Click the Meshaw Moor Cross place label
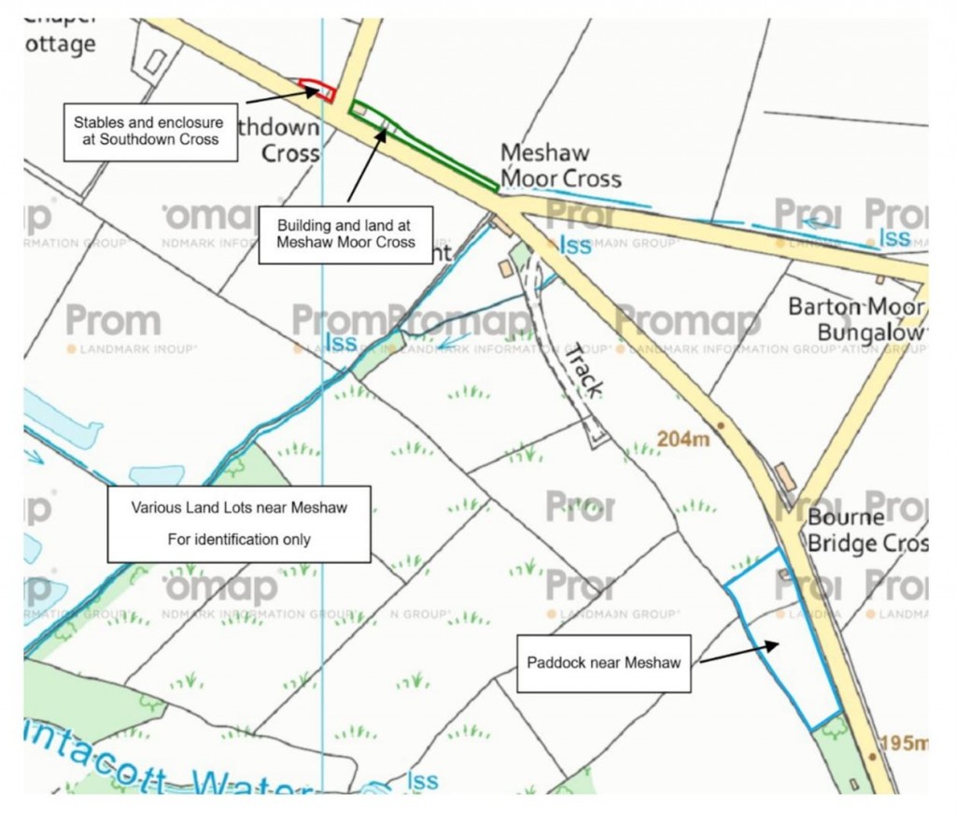560,165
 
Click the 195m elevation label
904,743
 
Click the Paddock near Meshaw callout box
603,663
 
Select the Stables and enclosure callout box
148,131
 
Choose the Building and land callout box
345,234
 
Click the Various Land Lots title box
238,523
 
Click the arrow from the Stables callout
280,93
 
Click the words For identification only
239,539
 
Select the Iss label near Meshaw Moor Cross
575,245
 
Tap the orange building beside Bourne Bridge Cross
786,476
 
